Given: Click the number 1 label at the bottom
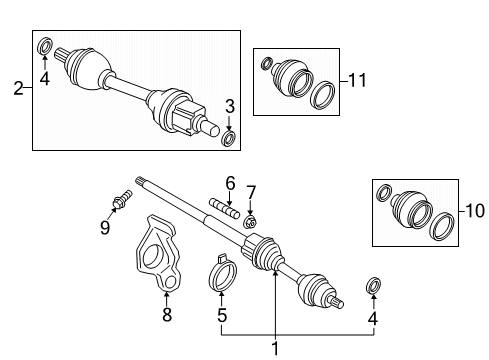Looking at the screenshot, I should point(274,349).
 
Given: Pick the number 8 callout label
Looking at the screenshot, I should point(167,315).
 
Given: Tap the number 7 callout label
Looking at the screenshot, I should point(252,191).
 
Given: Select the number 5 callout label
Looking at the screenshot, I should point(223,315).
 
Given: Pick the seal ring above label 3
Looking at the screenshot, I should point(229,137).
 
